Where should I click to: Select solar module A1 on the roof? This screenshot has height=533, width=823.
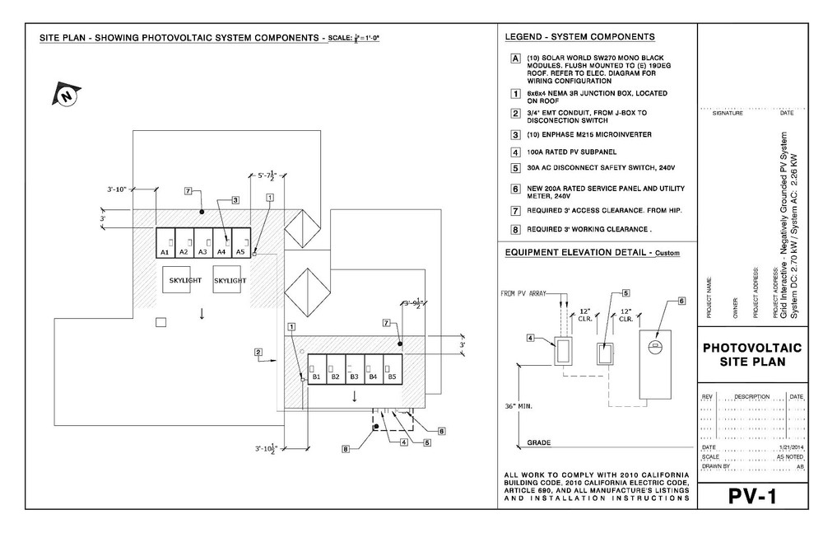[165, 243]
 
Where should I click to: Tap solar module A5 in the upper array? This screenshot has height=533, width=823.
[240, 243]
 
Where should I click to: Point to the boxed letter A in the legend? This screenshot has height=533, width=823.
[514, 58]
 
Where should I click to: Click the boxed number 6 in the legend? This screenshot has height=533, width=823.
[514, 189]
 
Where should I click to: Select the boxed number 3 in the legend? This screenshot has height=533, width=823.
[514, 134]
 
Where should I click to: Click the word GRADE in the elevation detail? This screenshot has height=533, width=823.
[539, 443]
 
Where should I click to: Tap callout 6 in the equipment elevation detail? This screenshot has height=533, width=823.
[681, 302]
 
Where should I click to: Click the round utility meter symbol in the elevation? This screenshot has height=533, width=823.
[656, 345]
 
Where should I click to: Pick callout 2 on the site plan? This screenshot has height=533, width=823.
[258, 353]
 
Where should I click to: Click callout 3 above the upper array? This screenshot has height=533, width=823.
[235, 199]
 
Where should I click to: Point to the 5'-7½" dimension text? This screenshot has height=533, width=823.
[268, 175]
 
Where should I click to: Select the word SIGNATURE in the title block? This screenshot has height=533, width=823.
[727, 114]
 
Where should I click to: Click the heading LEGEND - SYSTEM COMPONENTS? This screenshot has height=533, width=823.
[579, 37]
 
